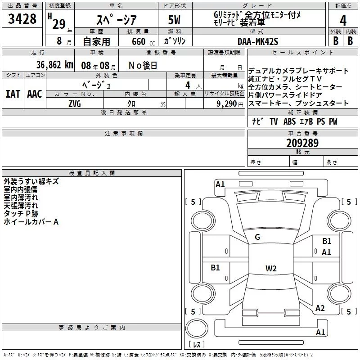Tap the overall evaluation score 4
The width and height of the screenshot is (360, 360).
pyautogui.click(x=343, y=20)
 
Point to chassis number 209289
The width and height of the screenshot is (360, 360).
pyautogui.click(x=302, y=143)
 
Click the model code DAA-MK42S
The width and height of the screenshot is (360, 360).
pyautogui.click(x=258, y=41)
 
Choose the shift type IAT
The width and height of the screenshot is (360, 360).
pyautogui.click(x=13, y=94)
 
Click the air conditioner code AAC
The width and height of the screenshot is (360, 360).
pyautogui.click(x=34, y=94)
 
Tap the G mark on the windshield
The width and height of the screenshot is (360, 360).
pyautogui.click(x=257, y=237)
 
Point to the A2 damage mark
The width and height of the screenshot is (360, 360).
pyautogui.click(x=320, y=308)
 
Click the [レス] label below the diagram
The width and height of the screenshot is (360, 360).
pyautogui.click(x=196, y=345)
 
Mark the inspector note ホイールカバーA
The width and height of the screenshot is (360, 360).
pyautogui.click(x=31, y=222)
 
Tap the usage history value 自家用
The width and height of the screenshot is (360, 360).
pyautogui.click(x=96, y=41)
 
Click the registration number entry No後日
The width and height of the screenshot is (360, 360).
pyautogui.click(x=143, y=65)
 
